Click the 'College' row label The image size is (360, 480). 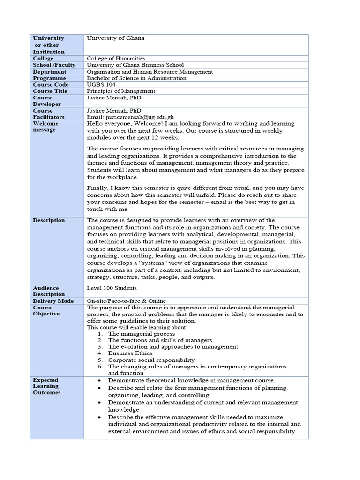(x=43, y=58)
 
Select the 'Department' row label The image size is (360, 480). (x=49, y=72)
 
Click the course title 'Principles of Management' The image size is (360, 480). (x=121, y=91)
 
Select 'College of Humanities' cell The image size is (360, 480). (x=116, y=58)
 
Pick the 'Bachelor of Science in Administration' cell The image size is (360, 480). (x=136, y=78)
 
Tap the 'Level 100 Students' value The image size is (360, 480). (x=112, y=287)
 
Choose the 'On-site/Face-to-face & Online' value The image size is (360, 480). (x=126, y=301)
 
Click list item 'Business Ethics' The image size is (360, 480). (x=130, y=353)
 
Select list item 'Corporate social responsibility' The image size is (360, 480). (x=151, y=360)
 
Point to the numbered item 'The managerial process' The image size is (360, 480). (x=142, y=334)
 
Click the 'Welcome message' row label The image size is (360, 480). (x=45, y=127)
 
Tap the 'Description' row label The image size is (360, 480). (x=49, y=220)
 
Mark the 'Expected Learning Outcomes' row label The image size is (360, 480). (x=46, y=386)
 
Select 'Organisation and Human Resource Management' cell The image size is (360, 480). (x=150, y=72)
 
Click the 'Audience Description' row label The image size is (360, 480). (x=49, y=291)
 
